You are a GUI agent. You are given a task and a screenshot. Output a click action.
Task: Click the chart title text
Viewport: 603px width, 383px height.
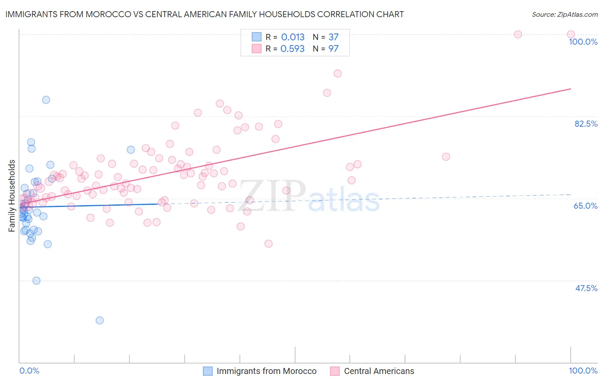(x=204, y=14)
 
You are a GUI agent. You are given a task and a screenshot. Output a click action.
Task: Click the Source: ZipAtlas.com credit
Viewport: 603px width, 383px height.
(x=564, y=14)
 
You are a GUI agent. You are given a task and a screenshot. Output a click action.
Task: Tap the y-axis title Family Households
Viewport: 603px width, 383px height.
(x=12, y=196)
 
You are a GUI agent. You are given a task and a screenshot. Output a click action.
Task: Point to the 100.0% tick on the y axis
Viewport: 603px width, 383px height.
(x=583, y=42)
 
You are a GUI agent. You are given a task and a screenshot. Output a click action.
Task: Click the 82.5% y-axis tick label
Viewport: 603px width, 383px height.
(x=586, y=124)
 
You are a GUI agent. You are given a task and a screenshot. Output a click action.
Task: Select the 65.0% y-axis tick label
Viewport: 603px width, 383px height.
(x=585, y=206)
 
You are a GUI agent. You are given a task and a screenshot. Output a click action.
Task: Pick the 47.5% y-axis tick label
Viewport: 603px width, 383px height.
(x=586, y=288)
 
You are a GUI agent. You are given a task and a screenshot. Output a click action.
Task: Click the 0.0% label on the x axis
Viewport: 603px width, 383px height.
(x=29, y=371)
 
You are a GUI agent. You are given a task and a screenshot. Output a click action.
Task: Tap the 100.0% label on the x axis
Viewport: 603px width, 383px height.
(x=583, y=371)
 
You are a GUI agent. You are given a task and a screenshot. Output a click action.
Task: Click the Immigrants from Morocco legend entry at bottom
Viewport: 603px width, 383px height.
(x=266, y=371)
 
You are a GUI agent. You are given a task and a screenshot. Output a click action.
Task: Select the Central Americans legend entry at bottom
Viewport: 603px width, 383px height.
(x=379, y=371)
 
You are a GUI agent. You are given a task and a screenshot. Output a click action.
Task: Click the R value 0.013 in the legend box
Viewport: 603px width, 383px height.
(x=292, y=37)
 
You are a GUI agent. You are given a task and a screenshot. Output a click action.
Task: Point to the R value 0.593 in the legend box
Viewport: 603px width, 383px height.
(x=292, y=49)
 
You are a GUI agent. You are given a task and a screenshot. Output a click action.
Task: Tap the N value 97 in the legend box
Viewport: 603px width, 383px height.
(x=333, y=49)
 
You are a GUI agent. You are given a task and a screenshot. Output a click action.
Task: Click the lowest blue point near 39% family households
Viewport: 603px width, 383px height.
(x=99, y=320)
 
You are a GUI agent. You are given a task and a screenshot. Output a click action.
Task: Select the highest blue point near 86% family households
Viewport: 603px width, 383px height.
(x=46, y=100)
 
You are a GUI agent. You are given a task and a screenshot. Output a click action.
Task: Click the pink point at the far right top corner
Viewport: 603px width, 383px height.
(x=570, y=34)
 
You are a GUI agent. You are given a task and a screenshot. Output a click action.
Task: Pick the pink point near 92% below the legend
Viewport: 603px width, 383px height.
(x=338, y=73)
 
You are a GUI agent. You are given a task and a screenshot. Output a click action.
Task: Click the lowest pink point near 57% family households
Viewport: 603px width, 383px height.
(x=268, y=243)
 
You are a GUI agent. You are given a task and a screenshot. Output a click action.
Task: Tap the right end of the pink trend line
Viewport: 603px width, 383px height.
(x=570, y=88)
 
